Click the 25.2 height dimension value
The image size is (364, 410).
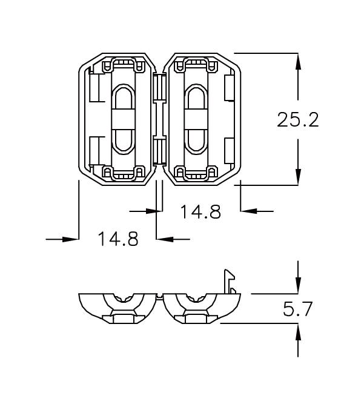[297, 119]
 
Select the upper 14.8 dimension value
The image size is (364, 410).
[200, 211]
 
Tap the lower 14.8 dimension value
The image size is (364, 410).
[118, 239]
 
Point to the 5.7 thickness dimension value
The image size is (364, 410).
[297, 309]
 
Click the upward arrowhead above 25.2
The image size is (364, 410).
[297, 61]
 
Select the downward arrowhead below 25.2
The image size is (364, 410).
[297, 177]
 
